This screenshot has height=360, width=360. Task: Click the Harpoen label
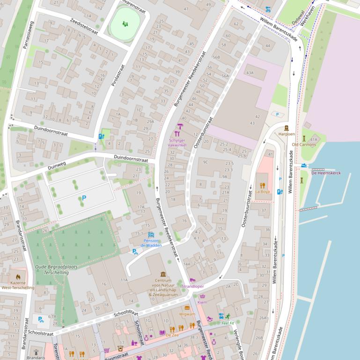click(287, 134)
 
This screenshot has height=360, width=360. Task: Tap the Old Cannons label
click(304, 144)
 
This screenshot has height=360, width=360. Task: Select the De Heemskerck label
click(326, 173)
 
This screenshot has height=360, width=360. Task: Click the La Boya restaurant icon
click(263, 185)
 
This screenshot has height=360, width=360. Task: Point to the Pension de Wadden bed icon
click(151, 235)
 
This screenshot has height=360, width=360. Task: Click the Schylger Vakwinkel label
click(180, 143)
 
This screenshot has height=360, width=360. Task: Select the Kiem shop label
click(202, 302)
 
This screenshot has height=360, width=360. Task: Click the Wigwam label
click(187, 314)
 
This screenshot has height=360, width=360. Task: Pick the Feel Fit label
click(228, 323)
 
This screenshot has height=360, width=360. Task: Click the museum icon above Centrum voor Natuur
click(163, 274)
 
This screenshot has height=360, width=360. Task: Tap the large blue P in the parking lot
click(84, 198)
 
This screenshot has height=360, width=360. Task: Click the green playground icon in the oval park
click(125, 23)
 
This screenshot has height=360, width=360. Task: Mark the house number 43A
click(250, 72)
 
